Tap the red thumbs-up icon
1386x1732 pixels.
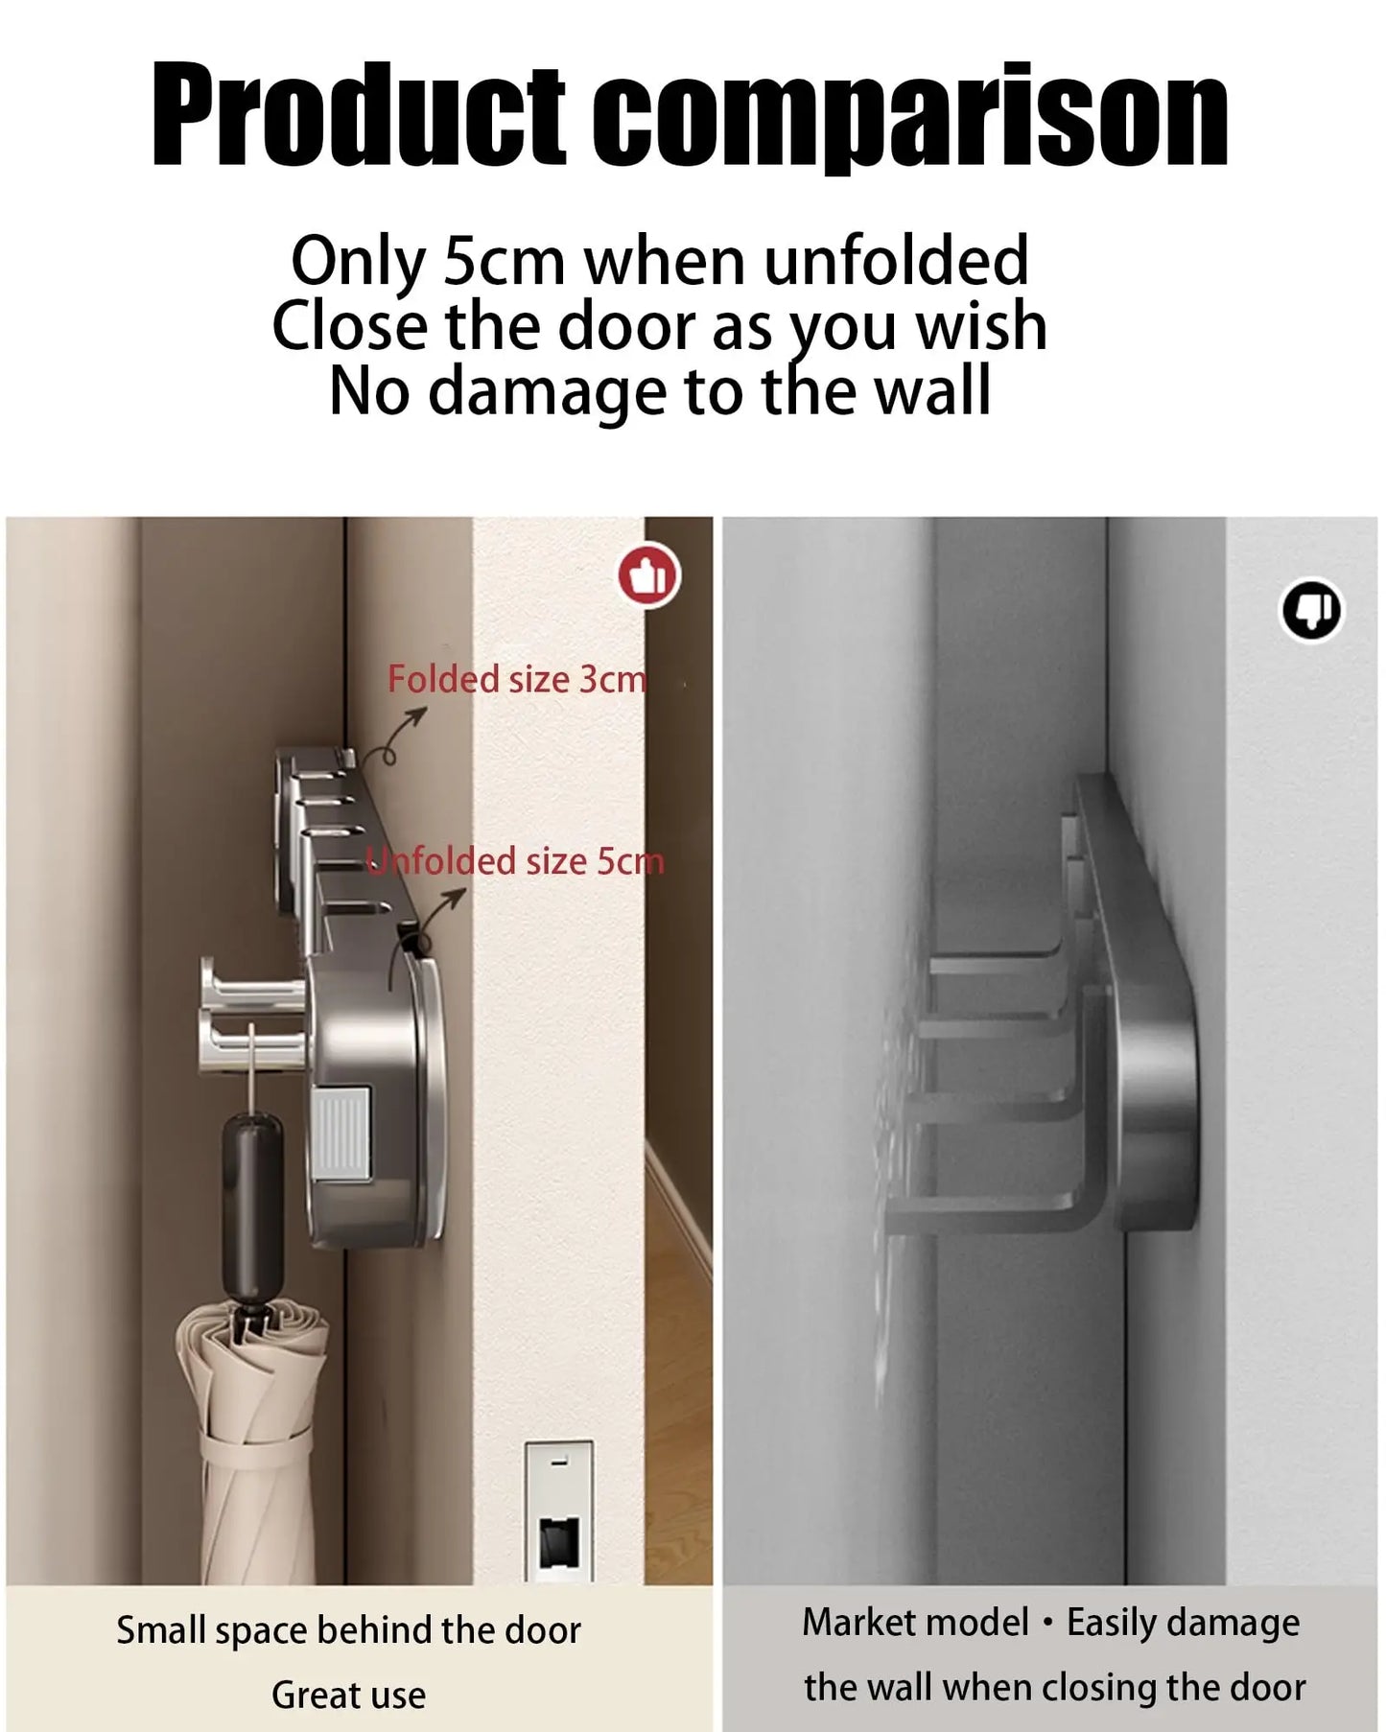pos(648,576)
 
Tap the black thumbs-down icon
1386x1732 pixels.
pos(1311,610)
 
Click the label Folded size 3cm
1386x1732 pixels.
pos(517,679)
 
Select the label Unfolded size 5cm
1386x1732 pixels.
pos(516,860)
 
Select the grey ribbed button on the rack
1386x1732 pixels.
pos(341,1133)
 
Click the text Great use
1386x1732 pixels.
pos(348,1695)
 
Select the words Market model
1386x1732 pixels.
pos(915,1623)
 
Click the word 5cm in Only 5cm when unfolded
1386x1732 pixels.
pos(504,261)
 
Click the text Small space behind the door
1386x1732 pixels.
pos(348,1630)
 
